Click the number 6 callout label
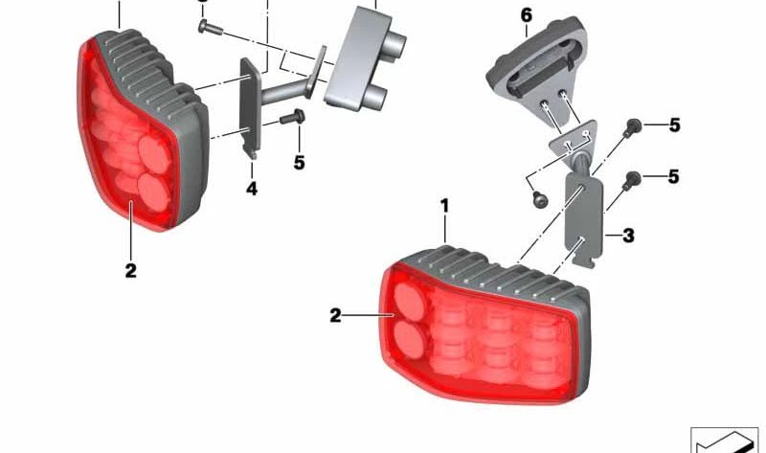tap(526, 15)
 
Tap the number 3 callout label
tap(628, 236)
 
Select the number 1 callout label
tap(444, 206)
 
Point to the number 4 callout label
tap(252, 188)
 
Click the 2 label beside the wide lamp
tap(335, 316)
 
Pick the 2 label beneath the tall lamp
tap(130, 270)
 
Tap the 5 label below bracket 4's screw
tap(299, 162)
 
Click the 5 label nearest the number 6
tap(675, 125)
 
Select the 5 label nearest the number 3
tap(674, 176)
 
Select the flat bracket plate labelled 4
tap(250, 107)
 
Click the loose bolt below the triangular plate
tap(539, 199)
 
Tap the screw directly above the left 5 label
tap(292, 117)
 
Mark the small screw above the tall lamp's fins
tap(210, 28)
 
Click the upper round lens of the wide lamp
tap(410, 301)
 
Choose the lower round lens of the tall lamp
tap(154, 193)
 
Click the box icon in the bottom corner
tap(724, 440)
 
